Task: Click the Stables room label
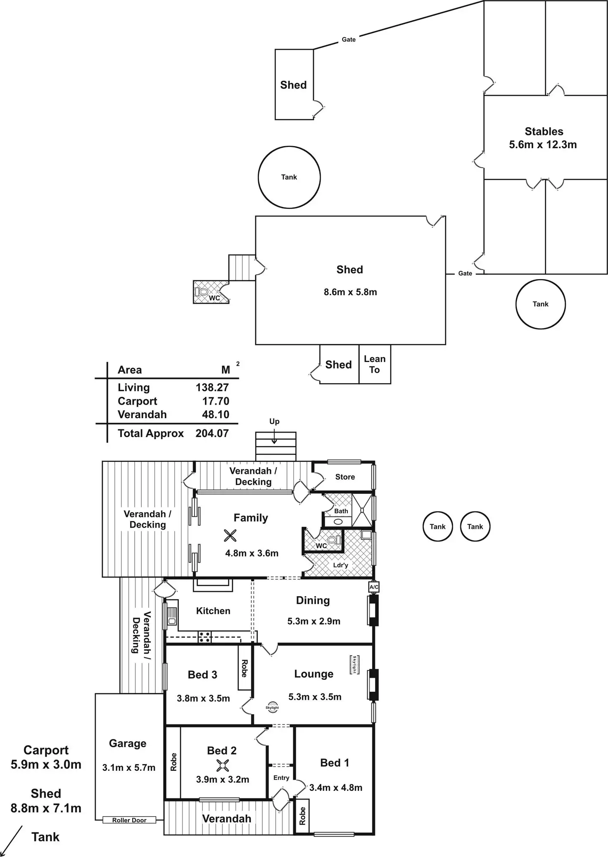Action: click(544, 132)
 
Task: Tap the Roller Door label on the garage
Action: click(129, 820)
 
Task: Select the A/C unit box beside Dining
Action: click(374, 587)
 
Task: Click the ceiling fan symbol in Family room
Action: click(230, 536)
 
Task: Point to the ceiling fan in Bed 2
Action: click(223, 766)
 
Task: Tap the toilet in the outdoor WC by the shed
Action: click(202, 292)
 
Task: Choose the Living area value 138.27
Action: click(212, 388)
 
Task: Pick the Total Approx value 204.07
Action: click(212, 433)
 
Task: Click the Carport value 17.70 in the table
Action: click(216, 401)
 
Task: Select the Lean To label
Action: click(375, 365)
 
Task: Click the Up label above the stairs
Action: click(274, 421)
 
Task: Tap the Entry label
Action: click(281, 778)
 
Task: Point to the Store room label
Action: click(345, 477)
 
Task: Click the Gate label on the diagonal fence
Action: click(349, 40)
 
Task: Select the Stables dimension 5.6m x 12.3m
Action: click(543, 145)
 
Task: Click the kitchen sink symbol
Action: click(172, 616)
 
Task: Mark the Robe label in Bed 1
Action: click(302, 816)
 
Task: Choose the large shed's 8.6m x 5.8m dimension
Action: click(350, 292)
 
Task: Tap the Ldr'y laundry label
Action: click(341, 565)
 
